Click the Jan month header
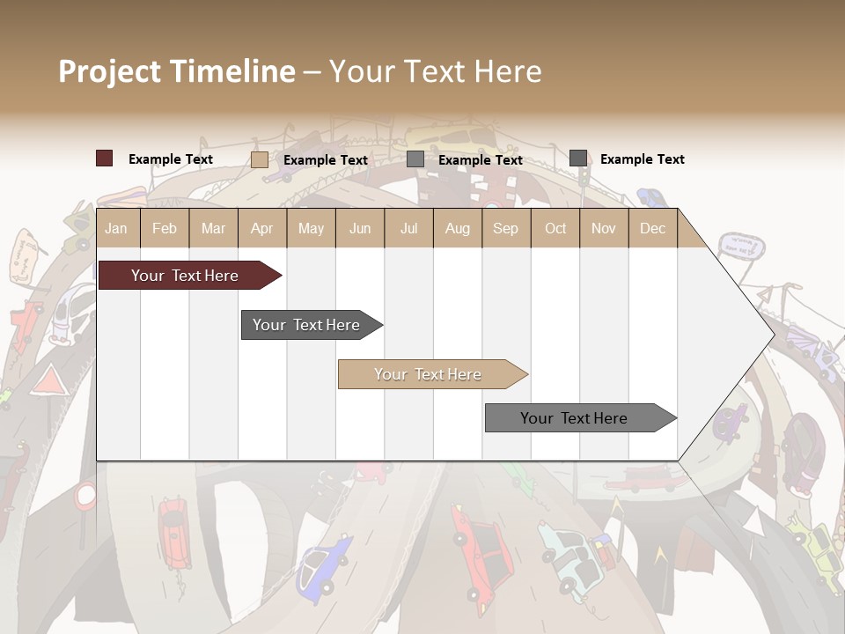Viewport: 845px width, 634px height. click(x=116, y=228)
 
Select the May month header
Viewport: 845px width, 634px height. click(x=311, y=228)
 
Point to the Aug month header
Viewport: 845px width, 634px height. click(x=457, y=228)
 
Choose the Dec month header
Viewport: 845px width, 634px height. click(x=652, y=228)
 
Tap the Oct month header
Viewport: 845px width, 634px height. click(x=555, y=228)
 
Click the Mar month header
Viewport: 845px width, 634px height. click(x=213, y=228)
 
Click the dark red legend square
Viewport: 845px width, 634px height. click(x=104, y=158)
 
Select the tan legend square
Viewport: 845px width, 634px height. click(x=259, y=159)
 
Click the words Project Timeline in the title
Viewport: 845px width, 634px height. click(x=177, y=71)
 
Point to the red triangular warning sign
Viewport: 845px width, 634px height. click(x=49, y=382)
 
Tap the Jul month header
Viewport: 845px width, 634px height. click(x=408, y=228)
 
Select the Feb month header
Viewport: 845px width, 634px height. click(x=165, y=228)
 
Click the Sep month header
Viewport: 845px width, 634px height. click(x=505, y=228)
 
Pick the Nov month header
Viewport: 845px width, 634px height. click(x=603, y=228)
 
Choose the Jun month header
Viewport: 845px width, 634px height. click(x=360, y=228)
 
